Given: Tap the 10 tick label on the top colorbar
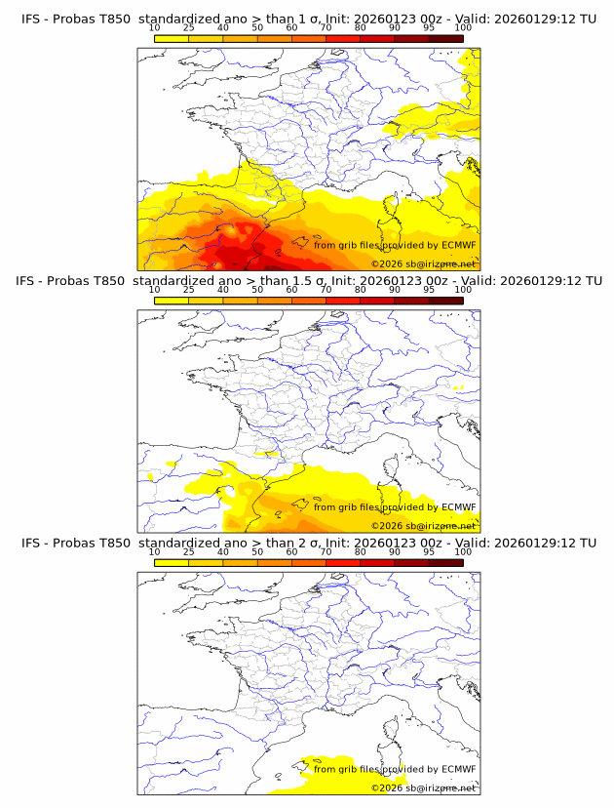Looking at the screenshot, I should click(x=155, y=28).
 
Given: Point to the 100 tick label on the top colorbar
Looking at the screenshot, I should click(x=463, y=28).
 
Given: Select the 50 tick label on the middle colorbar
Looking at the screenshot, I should click(x=257, y=290).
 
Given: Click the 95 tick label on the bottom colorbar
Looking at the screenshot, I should click(x=429, y=551).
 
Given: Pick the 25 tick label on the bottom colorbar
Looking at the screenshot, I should click(x=189, y=551).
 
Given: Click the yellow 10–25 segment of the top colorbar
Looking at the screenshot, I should click(x=172, y=39).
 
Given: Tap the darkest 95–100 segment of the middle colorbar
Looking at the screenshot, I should click(x=445, y=301).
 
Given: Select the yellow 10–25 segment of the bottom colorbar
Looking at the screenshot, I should click(x=172, y=562).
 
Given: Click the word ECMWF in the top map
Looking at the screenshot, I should click(x=458, y=245).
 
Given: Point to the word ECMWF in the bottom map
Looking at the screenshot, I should click(x=458, y=769).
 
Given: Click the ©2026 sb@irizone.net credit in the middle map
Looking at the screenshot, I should click(x=423, y=526).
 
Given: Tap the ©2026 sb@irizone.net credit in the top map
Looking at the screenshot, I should click(x=423, y=264).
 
